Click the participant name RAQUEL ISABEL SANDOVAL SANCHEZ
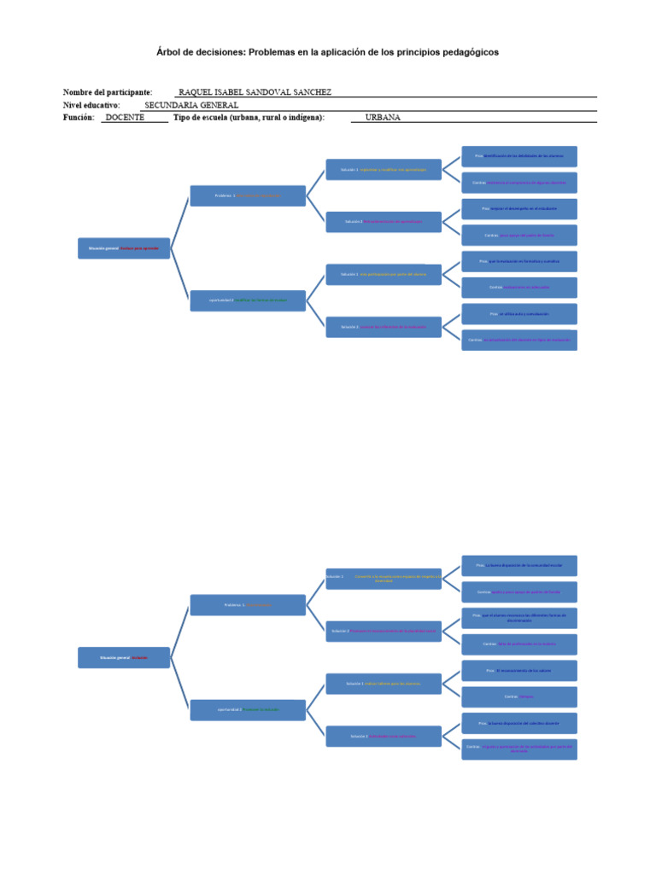click(x=255, y=92)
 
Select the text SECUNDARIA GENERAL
click(x=192, y=105)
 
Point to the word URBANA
click(x=383, y=118)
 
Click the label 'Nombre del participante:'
click(x=108, y=92)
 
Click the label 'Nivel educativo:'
click(x=91, y=105)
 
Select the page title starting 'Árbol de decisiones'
click(x=328, y=52)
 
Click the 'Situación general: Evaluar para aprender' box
click(x=124, y=248)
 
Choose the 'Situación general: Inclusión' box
click(x=124, y=658)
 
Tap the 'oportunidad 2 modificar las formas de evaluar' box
click(x=248, y=300)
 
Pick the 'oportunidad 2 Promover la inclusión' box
click(x=248, y=710)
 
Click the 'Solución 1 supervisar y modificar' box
click(x=384, y=170)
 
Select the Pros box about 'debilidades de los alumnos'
click(x=519, y=156)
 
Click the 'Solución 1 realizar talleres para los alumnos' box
click(x=384, y=684)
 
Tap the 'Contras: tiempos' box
click(x=519, y=696)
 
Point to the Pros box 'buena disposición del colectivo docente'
click(x=519, y=723)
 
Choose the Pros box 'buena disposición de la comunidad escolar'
click(x=519, y=565)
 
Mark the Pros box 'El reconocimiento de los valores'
click(x=519, y=671)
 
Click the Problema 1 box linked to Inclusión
click(x=248, y=605)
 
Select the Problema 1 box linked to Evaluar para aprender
click(x=248, y=195)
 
